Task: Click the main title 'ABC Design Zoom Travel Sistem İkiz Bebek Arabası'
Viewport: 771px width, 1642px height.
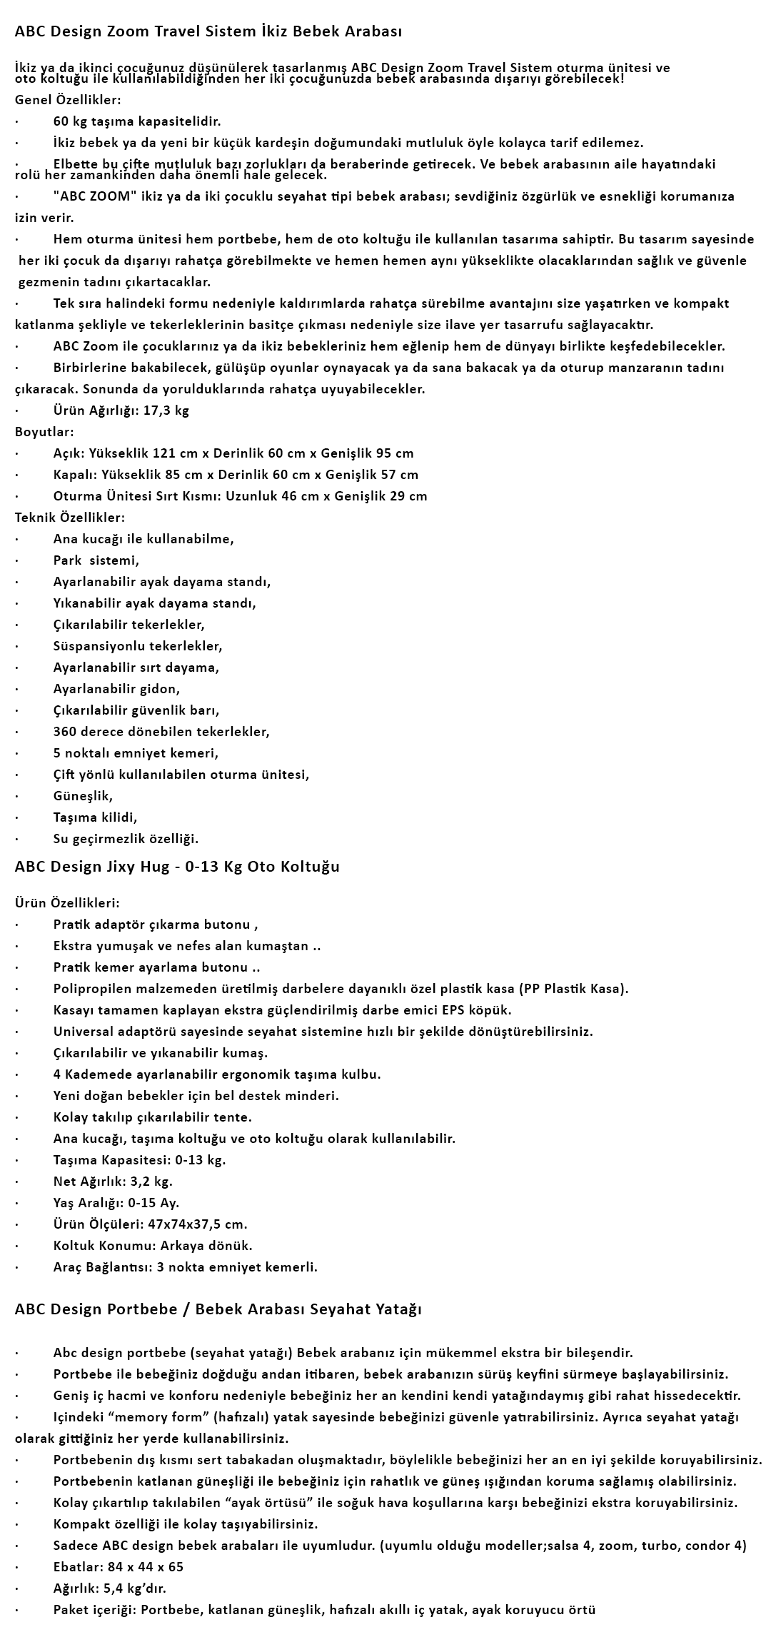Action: pyautogui.click(x=208, y=31)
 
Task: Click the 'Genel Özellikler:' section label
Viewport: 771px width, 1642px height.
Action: pyautogui.click(x=68, y=99)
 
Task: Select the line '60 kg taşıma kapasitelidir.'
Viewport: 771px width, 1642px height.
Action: pyautogui.click(x=137, y=121)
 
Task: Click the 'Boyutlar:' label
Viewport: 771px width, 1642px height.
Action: pyautogui.click(x=44, y=432)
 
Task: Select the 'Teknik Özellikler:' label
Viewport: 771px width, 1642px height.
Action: pyautogui.click(x=69, y=518)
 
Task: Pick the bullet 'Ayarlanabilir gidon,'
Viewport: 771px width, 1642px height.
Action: pyautogui.click(x=116, y=689)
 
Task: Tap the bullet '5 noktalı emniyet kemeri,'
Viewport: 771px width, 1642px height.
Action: pyautogui.click(x=136, y=753)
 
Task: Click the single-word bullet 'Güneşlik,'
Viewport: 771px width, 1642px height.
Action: pyautogui.click(x=83, y=796)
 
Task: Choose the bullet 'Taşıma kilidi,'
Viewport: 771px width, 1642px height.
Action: pyautogui.click(x=95, y=817)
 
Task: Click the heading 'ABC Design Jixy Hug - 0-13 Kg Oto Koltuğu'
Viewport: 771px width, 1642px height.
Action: pyautogui.click(x=177, y=867)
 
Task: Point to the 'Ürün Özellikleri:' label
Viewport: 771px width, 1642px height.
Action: pyautogui.click(x=67, y=903)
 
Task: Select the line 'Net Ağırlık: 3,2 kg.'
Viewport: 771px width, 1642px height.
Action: pyautogui.click(x=113, y=1182)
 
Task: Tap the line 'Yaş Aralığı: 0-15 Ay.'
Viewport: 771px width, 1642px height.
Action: pyautogui.click(x=116, y=1203)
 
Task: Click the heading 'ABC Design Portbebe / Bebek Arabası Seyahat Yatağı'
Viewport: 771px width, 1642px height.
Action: pyautogui.click(x=218, y=1309)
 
